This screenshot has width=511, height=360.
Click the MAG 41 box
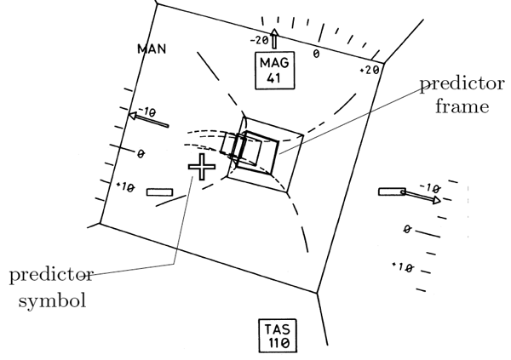coord(275,70)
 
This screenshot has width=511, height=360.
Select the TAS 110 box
coord(278,335)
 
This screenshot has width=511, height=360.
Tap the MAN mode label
coord(152,49)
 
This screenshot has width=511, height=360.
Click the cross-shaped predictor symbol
coord(202,167)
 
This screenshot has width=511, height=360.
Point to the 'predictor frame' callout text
coord(462,94)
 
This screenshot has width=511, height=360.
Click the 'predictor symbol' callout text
coord(51,288)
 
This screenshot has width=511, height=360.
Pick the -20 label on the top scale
coord(260,40)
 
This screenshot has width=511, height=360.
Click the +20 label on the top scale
coord(370,70)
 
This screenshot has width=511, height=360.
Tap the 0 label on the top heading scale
coord(316,54)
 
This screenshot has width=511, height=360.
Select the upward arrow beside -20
coord(274,38)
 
